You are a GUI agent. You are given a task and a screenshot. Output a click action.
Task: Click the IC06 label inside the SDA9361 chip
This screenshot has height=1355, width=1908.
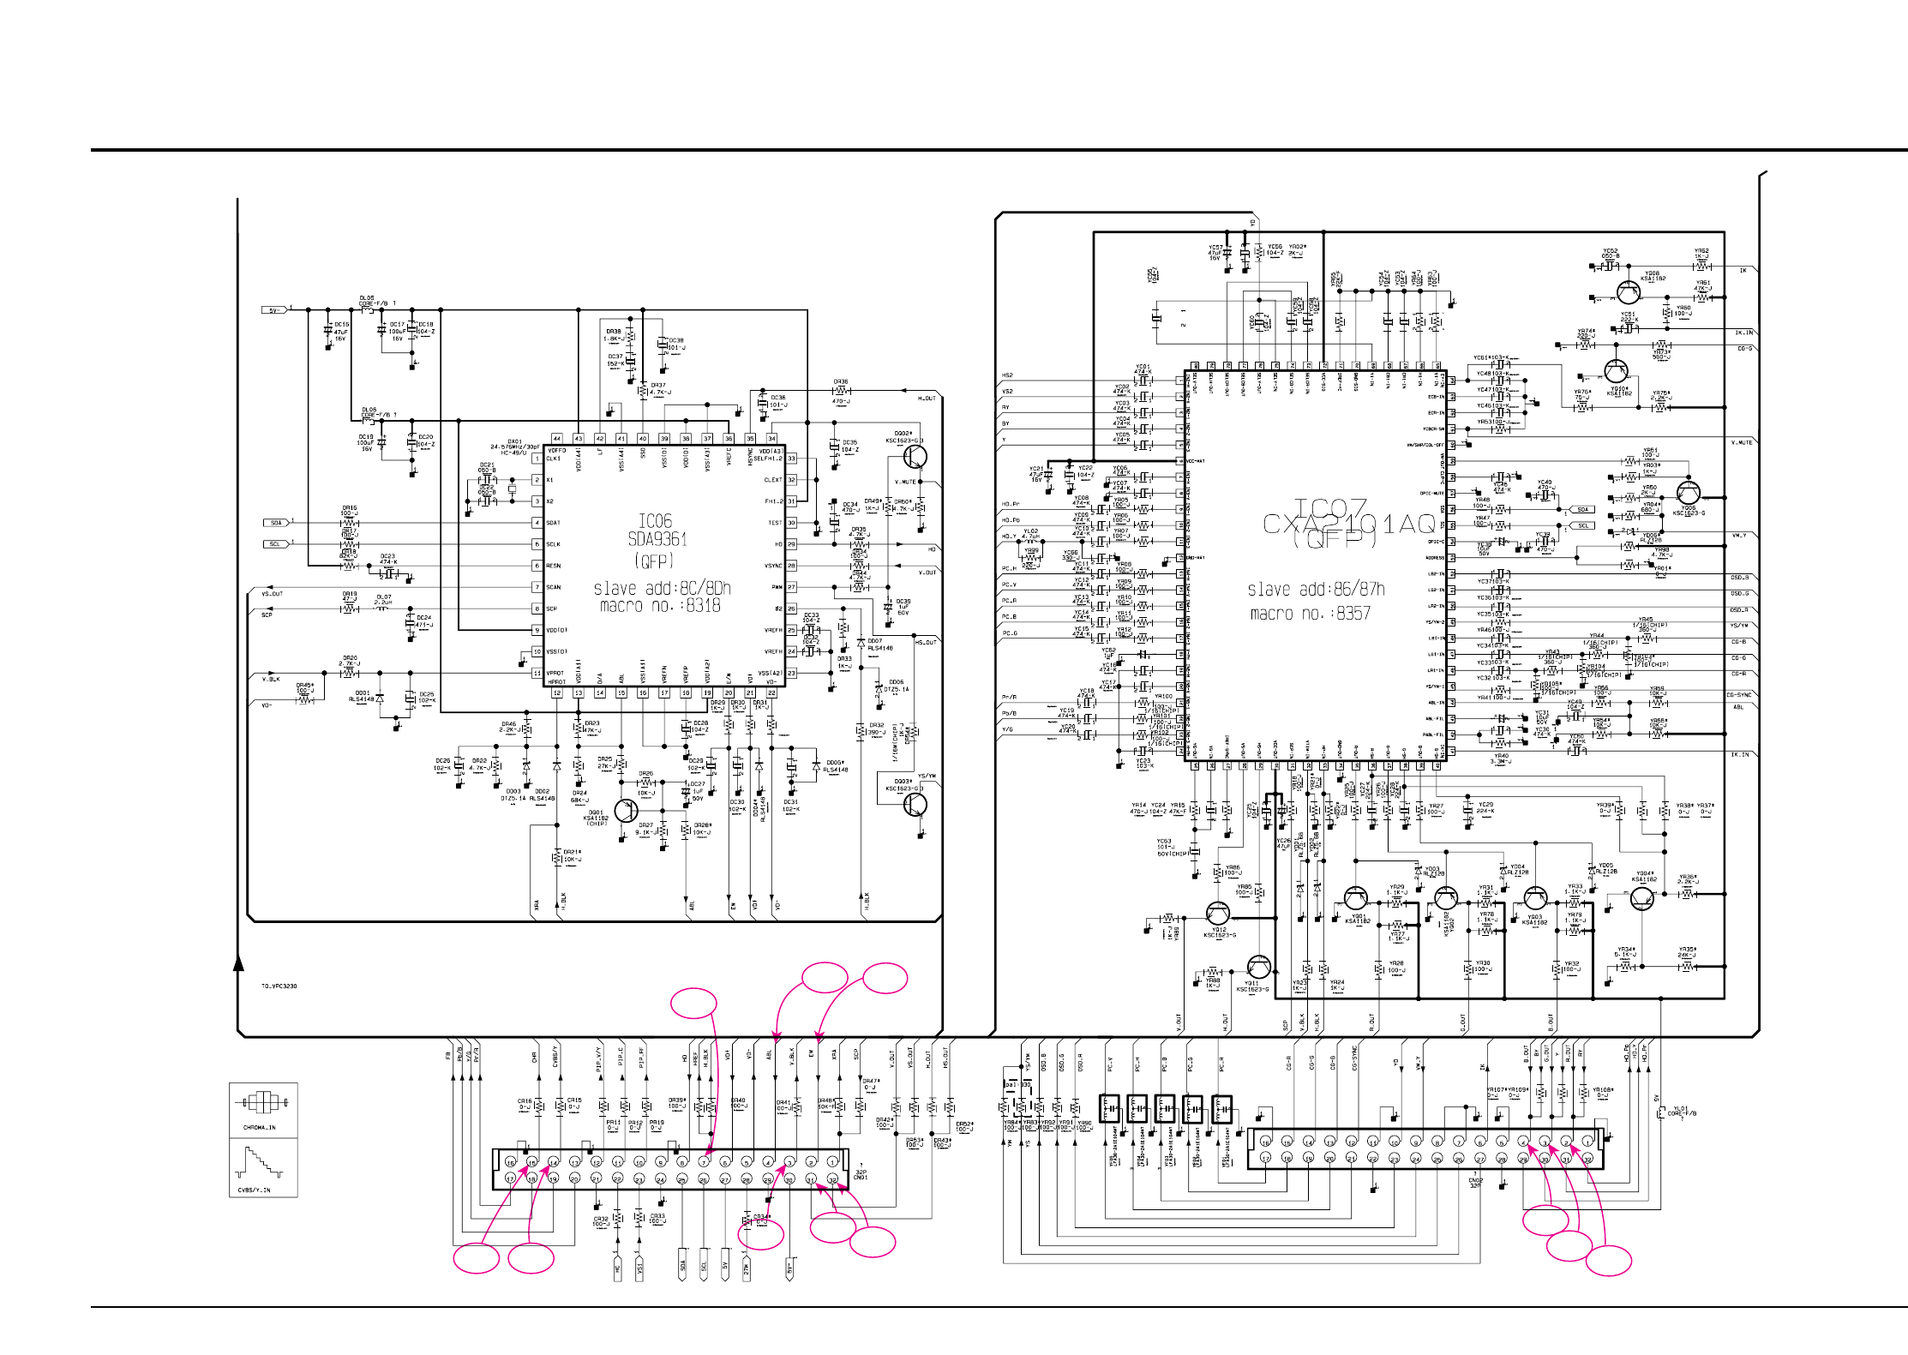click(x=655, y=521)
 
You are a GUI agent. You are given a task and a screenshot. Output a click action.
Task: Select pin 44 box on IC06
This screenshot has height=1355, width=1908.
click(x=557, y=439)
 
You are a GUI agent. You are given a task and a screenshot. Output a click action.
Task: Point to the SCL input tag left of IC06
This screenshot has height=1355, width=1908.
click(x=275, y=544)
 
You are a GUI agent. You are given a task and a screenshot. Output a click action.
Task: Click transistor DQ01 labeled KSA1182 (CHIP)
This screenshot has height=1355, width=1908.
click(x=627, y=809)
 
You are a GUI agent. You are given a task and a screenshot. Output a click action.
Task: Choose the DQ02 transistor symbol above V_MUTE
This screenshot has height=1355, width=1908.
click(x=915, y=456)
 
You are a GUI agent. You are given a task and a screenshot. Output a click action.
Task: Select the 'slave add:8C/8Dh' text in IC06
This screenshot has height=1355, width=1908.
click(x=662, y=588)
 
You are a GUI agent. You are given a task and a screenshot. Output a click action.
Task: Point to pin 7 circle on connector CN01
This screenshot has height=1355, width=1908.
click(x=703, y=1162)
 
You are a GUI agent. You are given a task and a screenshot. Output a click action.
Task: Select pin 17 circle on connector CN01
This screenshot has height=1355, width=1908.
click(x=510, y=1179)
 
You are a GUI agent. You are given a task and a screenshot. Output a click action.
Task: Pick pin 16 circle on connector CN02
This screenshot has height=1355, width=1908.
click(x=1265, y=1142)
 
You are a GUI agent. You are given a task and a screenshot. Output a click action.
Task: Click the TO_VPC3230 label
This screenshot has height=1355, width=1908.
click(x=279, y=986)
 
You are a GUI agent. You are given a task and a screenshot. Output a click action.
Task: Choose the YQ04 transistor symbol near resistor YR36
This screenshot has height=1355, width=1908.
click(x=1641, y=898)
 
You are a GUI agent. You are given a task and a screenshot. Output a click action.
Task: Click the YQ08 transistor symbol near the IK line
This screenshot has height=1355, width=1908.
click(x=1628, y=292)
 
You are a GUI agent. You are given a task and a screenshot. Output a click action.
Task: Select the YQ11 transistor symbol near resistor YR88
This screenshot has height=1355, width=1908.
click(x=1258, y=967)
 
